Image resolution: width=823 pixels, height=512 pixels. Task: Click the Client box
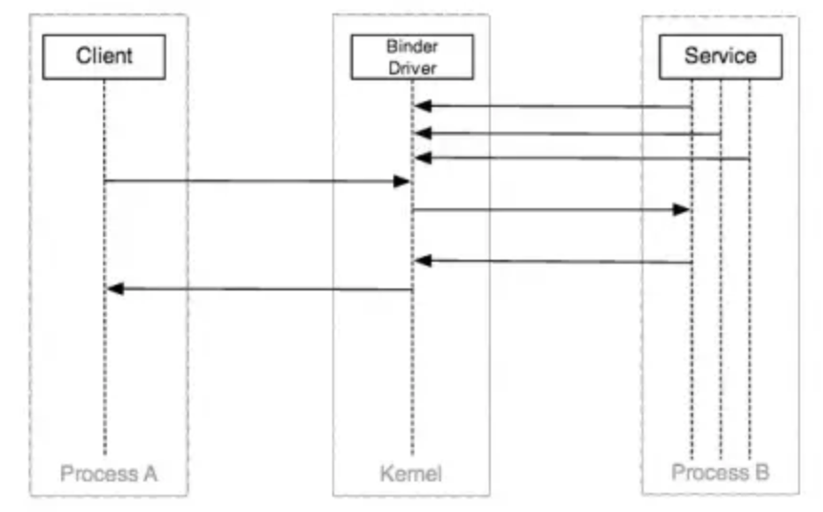[105, 56]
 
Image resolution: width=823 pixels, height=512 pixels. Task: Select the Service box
[720, 55]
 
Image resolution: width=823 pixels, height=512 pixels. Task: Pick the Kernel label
[411, 473]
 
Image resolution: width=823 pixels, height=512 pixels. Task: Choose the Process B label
[720, 472]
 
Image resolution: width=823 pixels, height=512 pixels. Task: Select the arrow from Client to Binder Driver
[258, 181]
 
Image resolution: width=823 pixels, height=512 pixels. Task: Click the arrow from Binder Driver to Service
[551, 209]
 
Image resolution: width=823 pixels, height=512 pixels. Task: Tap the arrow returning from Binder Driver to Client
[258, 288]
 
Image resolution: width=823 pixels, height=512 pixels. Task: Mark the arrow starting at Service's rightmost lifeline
[582, 158]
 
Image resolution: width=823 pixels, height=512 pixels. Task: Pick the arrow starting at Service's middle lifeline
[568, 133]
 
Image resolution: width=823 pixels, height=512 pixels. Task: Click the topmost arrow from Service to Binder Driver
[554, 106]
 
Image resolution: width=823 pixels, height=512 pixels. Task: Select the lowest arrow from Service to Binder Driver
[554, 261]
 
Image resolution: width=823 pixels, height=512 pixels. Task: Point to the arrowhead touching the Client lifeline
[115, 288]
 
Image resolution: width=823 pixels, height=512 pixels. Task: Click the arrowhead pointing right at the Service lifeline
[682, 209]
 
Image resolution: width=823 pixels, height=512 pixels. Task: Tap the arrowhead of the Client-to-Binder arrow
[403, 181]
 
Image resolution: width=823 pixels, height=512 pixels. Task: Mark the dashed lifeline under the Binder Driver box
[412, 382]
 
